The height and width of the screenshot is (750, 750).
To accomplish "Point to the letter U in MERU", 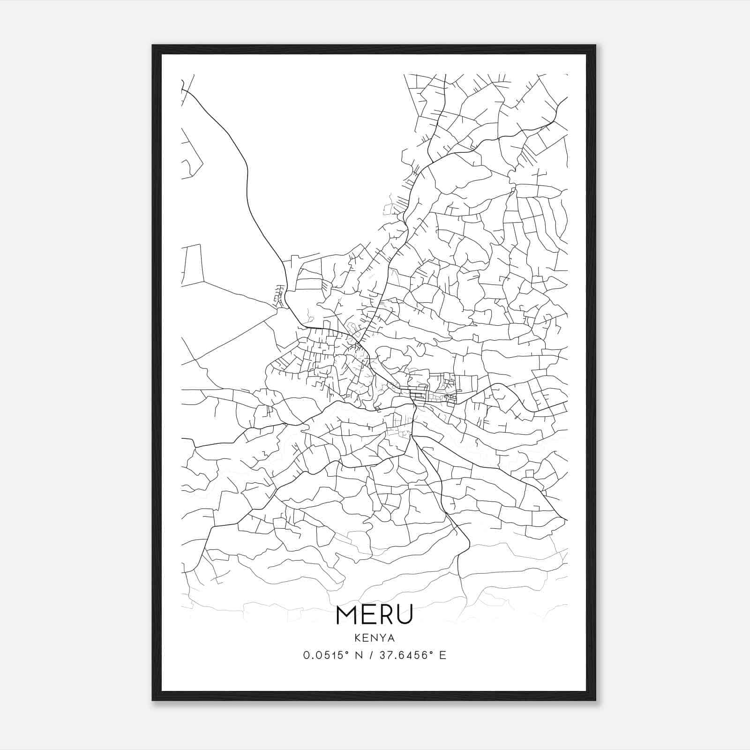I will point(405,615).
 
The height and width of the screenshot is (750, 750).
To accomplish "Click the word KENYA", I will point(375,638).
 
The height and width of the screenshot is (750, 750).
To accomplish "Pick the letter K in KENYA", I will point(358,638).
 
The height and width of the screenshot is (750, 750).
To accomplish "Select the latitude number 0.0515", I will point(322,655).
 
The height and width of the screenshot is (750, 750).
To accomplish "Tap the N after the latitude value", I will point(359,655).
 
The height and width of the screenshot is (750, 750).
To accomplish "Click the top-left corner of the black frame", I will point(153,46).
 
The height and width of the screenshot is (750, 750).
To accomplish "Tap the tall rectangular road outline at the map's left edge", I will point(192,265).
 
